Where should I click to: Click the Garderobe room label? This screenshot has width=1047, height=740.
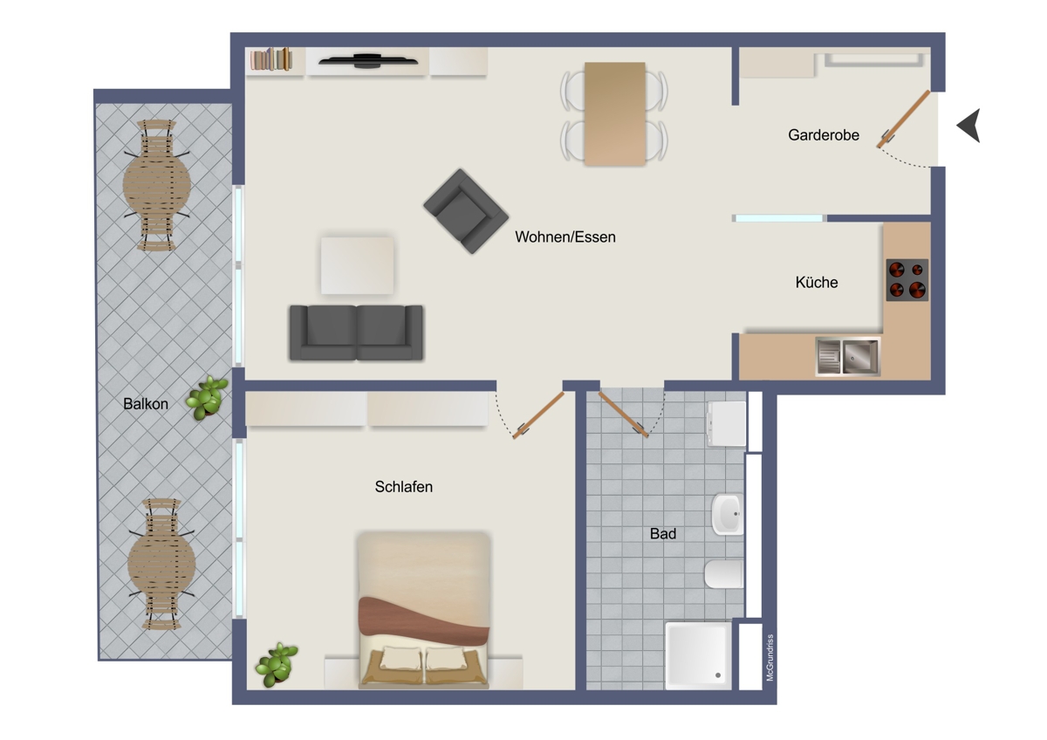pyautogui.click(x=824, y=135)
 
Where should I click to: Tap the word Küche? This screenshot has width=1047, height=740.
pyautogui.click(x=817, y=283)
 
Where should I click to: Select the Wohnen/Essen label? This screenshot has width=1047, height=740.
pyautogui.click(x=565, y=237)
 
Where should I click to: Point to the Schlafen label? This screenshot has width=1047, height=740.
pyautogui.click(x=404, y=487)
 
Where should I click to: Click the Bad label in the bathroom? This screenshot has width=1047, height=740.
pyautogui.click(x=663, y=533)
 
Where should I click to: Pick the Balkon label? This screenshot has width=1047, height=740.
pyautogui.click(x=146, y=404)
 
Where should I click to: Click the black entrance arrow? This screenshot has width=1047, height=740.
pyautogui.click(x=969, y=126)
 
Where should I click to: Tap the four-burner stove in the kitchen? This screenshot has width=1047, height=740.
pyautogui.click(x=907, y=280)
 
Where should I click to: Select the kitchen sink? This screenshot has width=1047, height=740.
pyautogui.click(x=848, y=357)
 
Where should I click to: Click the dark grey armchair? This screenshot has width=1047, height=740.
pyautogui.click(x=466, y=211)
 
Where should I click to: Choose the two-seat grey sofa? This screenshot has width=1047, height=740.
pyautogui.click(x=356, y=332)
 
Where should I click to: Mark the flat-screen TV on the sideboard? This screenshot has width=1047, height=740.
pyautogui.click(x=368, y=60)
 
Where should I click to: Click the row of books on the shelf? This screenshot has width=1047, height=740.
pyautogui.click(x=271, y=59)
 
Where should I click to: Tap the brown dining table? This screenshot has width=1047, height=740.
pyautogui.click(x=614, y=113)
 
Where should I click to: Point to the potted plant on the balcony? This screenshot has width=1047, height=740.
pyautogui.click(x=207, y=398)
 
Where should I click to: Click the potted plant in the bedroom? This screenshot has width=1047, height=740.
pyautogui.click(x=277, y=664)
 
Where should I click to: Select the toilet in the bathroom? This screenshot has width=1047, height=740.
pyautogui.click(x=723, y=573)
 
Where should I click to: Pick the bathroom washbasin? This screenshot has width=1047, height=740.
pyautogui.click(x=728, y=514)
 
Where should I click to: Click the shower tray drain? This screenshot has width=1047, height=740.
pyautogui.click(x=718, y=675)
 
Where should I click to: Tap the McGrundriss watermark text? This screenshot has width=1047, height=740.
pyautogui.click(x=770, y=657)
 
